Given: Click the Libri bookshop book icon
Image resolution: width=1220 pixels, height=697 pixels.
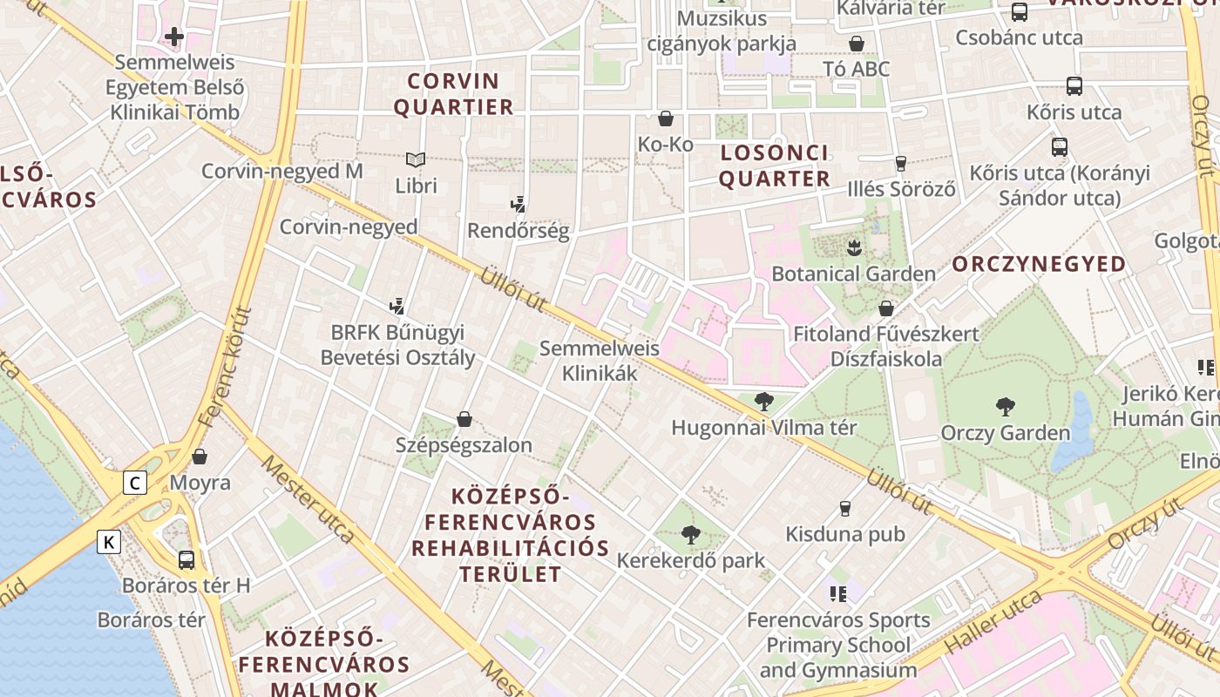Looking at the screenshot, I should [416, 159].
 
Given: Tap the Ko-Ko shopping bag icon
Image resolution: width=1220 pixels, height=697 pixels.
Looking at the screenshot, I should [666, 118].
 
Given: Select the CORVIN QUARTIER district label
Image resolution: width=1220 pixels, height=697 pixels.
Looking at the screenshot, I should [453, 94].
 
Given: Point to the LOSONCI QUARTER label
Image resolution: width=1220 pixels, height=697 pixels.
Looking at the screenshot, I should [774, 166].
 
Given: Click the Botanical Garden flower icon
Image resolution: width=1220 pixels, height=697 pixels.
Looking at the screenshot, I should [854, 247].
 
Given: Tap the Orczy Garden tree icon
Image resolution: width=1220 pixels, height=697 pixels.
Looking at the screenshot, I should [1005, 406].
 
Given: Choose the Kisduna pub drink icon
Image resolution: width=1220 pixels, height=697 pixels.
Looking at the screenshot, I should [844, 508].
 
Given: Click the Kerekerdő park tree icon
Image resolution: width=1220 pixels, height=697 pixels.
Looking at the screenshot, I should [690, 534].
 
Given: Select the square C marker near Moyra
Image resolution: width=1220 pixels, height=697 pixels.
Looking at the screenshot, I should [134, 483].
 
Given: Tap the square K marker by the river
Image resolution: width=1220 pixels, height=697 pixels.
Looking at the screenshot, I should [108, 542].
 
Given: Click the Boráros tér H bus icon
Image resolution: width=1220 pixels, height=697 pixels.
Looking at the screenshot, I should [186, 559].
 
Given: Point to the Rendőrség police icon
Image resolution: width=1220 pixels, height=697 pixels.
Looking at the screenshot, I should [518, 205].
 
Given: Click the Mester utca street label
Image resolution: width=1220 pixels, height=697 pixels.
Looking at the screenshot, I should [308, 498].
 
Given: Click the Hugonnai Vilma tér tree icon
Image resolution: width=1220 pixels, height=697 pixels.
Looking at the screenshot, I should [763, 402].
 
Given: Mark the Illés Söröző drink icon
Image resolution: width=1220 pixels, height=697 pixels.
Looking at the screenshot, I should [901, 163].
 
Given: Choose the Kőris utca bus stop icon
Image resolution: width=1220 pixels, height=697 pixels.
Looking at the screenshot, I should [1074, 86].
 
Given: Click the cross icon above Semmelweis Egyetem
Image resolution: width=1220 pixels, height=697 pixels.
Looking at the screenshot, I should [174, 37].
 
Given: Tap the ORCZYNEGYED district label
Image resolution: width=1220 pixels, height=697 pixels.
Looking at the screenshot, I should [1039, 264].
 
